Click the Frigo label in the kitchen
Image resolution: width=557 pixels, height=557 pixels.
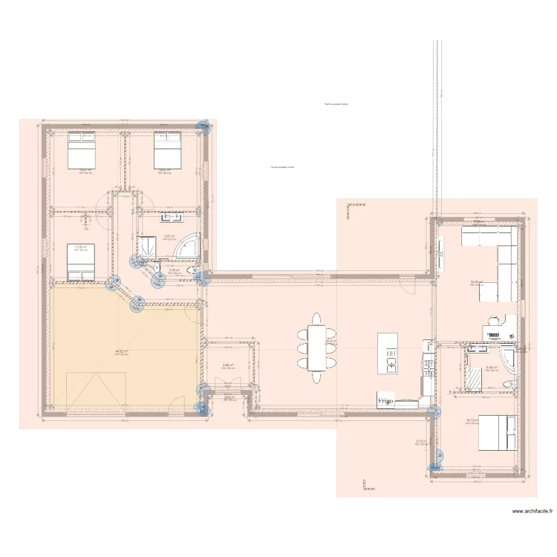(385, 401)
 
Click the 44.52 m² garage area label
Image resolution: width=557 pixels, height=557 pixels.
(122, 351)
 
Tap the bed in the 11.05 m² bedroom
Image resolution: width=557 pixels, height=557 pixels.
(82, 263)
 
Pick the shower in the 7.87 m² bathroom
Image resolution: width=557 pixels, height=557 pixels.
(146, 247)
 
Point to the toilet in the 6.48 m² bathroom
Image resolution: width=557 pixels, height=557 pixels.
(507, 383)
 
